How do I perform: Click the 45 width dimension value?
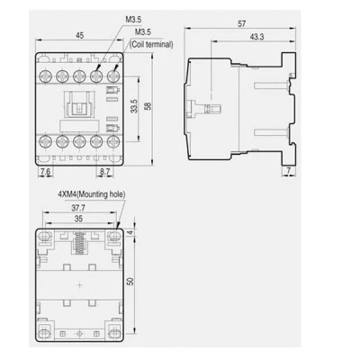[x=79, y=35]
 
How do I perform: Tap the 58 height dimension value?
[x=148, y=106]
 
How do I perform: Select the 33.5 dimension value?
[x=134, y=106]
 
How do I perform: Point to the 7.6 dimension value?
[x=45, y=172]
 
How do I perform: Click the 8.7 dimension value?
[x=104, y=172]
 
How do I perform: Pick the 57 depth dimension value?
[x=241, y=23]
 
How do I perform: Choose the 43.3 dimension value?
[x=256, y=37]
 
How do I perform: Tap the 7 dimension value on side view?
[x=289, y=170]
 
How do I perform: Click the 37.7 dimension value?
[x=78, y=208]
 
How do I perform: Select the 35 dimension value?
[x=78, y=219]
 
